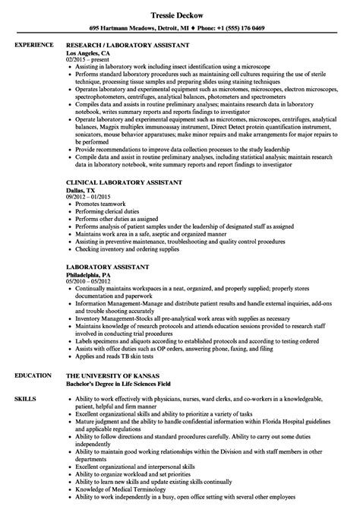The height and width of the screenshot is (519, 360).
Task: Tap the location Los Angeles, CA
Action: [x=90, y=55]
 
